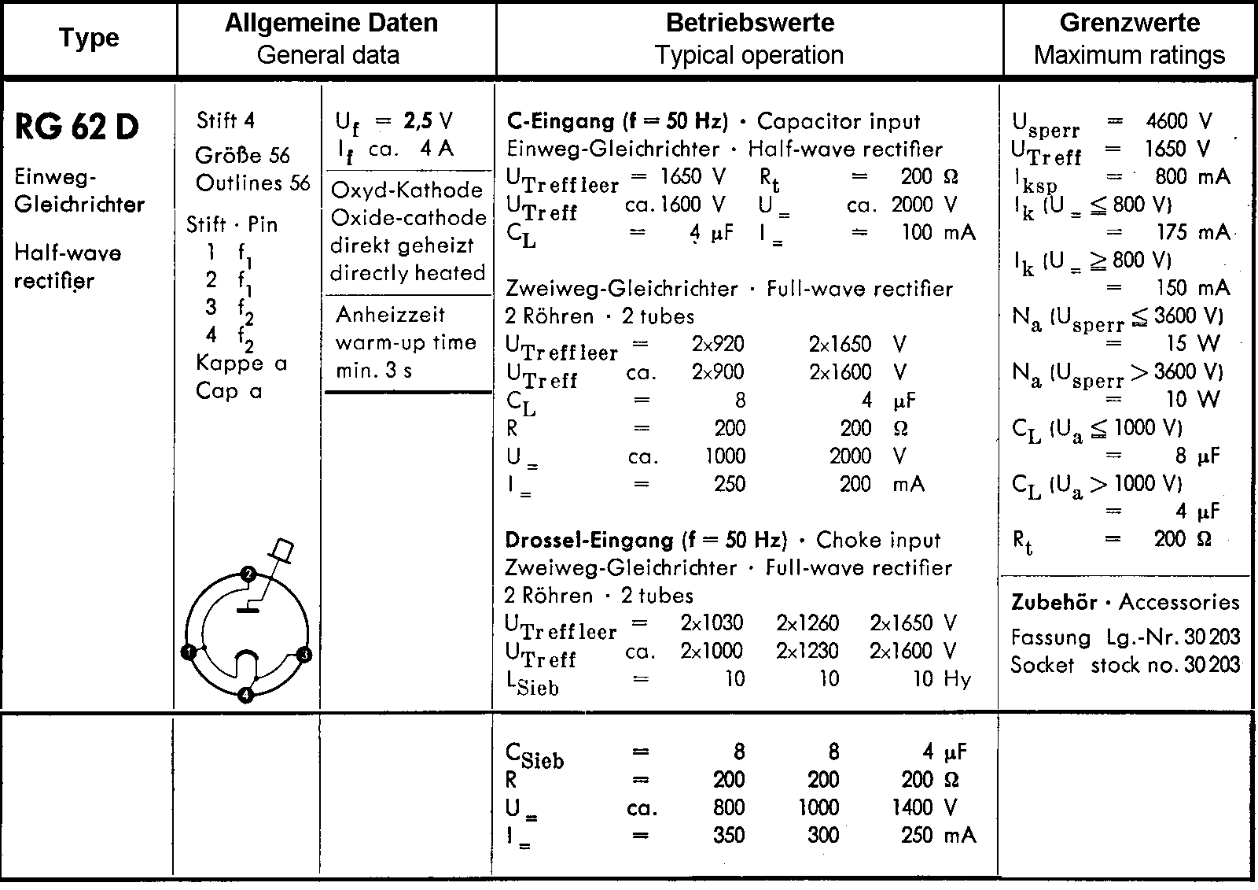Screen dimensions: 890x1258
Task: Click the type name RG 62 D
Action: click(77, 127)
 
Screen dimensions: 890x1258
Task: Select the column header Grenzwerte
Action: click(1129, 23)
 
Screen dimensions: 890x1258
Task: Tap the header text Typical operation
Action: click(749, 55)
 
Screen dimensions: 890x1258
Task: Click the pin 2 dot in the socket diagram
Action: click(248, 574)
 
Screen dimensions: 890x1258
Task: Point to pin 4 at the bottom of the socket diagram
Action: click(246, 695)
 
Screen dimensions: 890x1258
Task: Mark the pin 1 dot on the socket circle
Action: click(188, 652)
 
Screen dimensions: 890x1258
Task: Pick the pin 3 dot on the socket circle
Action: click(305, 654)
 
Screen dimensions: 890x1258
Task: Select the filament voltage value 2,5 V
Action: click(429, 120)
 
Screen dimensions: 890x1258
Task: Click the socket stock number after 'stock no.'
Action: click(1212, 665)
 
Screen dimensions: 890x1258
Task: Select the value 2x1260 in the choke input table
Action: click(807, 623)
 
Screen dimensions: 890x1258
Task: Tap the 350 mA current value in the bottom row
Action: click(728, 835)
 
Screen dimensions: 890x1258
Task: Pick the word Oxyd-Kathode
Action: click(407, 190)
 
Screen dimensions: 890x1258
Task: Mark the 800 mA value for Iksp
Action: click(1192, 177)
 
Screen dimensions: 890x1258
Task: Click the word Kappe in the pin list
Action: click(230, 364)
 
